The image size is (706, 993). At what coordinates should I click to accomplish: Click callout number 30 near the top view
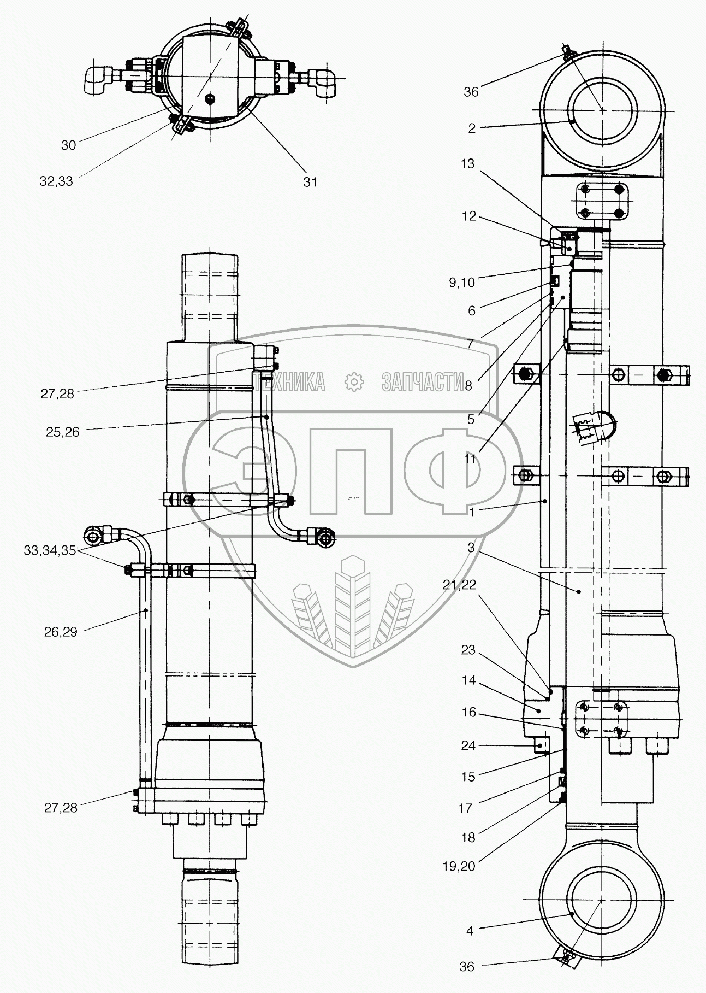68,145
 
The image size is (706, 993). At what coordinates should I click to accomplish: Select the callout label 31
310,182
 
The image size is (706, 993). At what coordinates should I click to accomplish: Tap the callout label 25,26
63,432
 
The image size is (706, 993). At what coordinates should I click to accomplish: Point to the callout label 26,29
61,632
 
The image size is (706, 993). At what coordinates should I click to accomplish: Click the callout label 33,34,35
49,551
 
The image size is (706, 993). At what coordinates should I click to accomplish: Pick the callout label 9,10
461,283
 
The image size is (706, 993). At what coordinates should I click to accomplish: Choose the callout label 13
467,164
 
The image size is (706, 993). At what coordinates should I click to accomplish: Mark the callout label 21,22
460,585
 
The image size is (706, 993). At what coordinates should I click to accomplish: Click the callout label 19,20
460,866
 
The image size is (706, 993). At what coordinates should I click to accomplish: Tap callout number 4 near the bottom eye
470,931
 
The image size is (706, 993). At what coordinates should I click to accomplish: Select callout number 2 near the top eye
471,128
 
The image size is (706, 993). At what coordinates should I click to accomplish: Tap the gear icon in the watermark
355,382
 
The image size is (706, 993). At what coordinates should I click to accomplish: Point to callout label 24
468,745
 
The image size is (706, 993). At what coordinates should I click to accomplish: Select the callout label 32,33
56,182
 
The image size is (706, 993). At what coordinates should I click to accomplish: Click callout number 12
469,217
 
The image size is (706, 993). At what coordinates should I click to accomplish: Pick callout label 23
468,650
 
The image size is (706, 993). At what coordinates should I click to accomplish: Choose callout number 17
465,808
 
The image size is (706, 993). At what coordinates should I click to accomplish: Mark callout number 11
470,460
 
